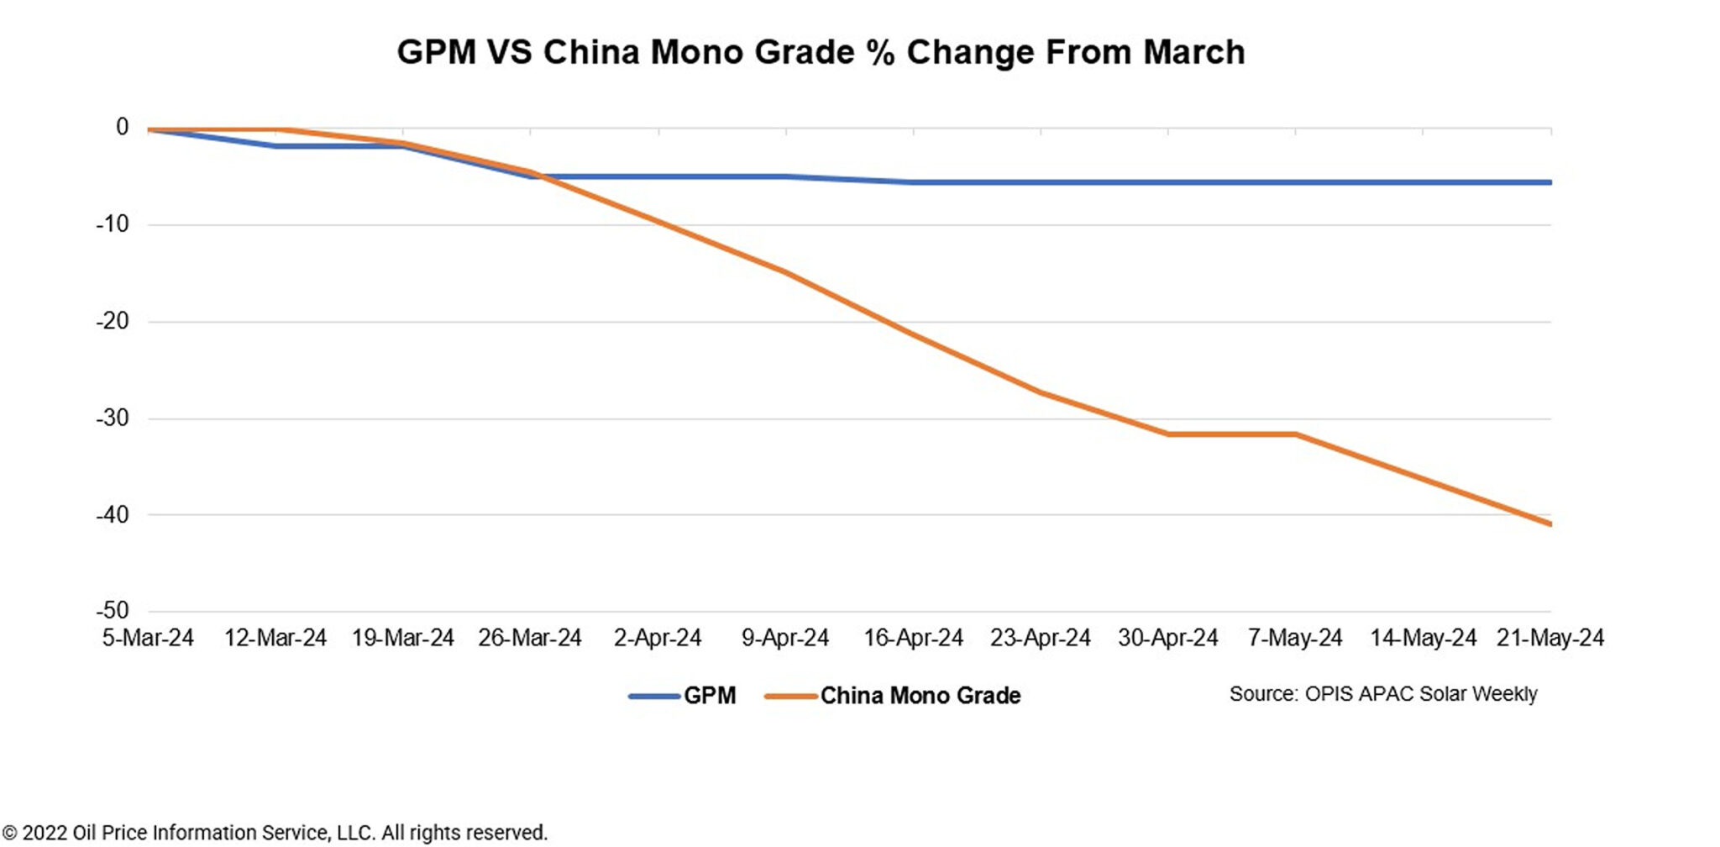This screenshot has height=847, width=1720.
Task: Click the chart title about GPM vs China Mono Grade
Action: [x=821, y=52]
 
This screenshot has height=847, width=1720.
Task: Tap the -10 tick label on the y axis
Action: [x=113, y=224]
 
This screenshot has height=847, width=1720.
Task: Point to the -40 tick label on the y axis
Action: [x=113, y=514]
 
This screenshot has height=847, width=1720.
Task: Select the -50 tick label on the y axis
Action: [x=113, y=610]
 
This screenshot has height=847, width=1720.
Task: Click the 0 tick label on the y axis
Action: [x=122, y=128]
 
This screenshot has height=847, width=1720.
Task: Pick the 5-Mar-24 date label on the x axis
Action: [x=148, y=638]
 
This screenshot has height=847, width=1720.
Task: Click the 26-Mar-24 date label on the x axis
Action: [x=530, y=638]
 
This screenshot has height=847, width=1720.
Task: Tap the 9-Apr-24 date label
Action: [x=785, y=638]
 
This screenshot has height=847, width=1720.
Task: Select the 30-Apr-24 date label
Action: [x=1167, y=638]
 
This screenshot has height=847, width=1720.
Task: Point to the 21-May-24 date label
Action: [x=1550, y=638]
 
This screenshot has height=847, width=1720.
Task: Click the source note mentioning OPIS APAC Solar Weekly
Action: [x=1382, y=694]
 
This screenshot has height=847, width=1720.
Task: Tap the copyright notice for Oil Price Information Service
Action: [x=275, y=833]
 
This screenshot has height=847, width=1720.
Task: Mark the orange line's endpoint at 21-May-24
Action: [x=1550, y=523]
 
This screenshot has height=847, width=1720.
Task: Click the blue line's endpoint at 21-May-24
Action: [x=1550, y=182]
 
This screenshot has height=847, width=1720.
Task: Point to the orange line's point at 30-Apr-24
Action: [x=1168, y=434]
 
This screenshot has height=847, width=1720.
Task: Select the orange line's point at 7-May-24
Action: [x=1295, y=434]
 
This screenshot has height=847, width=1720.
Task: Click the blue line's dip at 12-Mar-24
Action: [x=275, y=146]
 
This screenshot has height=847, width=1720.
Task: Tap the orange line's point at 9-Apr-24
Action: [x=786, y=272]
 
